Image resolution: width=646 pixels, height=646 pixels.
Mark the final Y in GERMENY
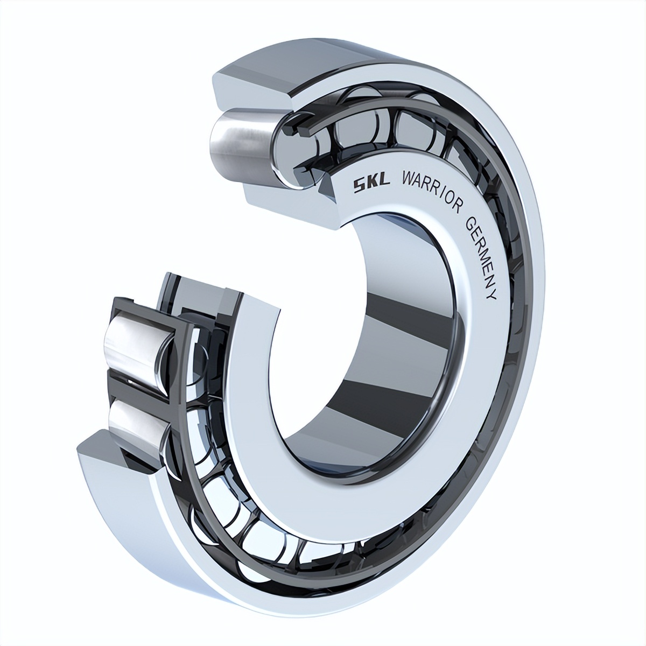(490, 296)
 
